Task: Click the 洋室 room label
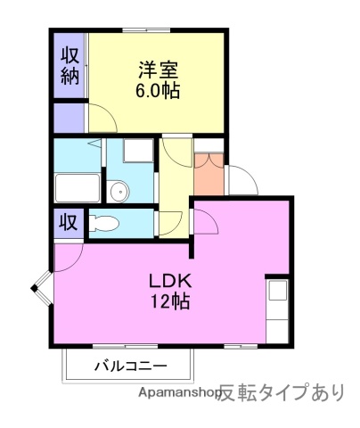158,69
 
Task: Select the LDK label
169,279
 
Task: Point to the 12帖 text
169,300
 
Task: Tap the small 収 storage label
68,221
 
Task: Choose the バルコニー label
129,366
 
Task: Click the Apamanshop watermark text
177,392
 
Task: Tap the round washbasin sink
119,189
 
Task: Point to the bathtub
78,188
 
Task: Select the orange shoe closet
209,175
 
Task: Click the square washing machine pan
138,151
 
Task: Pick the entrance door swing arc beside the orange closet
242,182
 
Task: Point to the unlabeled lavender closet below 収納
69,117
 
